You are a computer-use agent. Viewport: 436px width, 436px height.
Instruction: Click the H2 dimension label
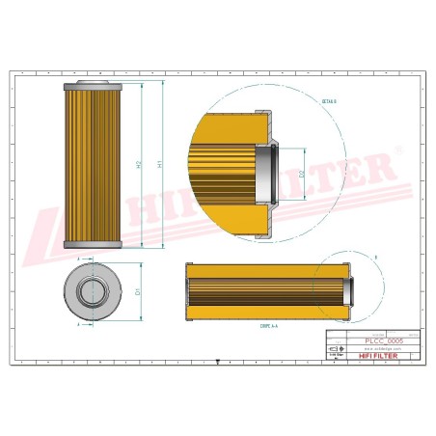coord(140,164)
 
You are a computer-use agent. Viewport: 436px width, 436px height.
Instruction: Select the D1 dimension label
coord(139,290)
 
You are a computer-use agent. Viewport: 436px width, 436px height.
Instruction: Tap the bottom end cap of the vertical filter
coord(93,242)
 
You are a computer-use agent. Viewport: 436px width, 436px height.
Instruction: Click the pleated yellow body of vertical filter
coord(93,164)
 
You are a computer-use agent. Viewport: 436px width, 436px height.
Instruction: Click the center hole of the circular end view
coord(93,289)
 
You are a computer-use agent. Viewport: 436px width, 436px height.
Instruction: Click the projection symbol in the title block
coord(334,353)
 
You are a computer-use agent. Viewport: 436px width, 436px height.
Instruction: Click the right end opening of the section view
coord(348,289)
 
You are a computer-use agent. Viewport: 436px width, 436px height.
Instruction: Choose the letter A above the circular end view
coord(77,259)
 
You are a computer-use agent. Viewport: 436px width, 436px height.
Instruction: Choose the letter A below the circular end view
coord(77,324)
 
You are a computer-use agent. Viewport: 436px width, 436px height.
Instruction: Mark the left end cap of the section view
coord(189,289)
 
